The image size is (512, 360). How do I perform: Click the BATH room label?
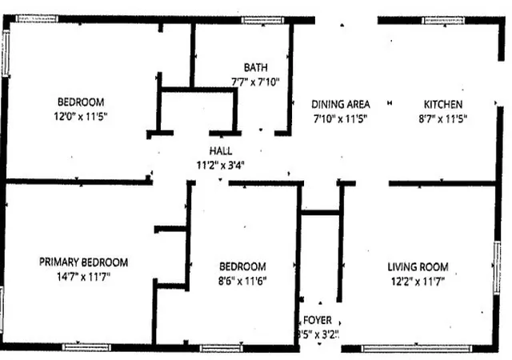click(256, 68)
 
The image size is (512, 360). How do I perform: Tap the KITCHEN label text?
click(443, 105)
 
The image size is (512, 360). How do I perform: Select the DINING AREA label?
click(341, 105)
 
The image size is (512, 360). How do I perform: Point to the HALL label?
click(221, 151)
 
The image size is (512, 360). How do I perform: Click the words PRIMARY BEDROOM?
click(83, 262)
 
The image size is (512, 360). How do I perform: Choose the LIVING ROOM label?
click(418, 267)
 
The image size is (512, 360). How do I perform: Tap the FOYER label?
click(318, 320)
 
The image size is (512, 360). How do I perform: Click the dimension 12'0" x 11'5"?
click(81, 116)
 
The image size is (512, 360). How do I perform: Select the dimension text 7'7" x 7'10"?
click(256, 82)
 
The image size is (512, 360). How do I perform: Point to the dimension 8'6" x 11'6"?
click(242, 281)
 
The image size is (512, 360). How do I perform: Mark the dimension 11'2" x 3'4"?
click(221, 166)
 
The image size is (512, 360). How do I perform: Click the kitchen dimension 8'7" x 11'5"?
click(443, 118)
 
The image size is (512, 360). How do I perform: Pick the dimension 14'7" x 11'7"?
click(83, 277)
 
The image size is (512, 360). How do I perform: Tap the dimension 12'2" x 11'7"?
click(418, 282)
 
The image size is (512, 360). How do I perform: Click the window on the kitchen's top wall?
click(443, 21)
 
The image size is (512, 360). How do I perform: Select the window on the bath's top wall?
click(263, 20)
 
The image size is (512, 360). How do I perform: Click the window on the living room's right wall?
click(497, 267)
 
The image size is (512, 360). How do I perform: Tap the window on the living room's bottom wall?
click(416, 349)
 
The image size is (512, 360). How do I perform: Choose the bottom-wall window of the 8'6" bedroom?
click(222, 348)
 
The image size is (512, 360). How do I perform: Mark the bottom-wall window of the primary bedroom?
click(86, 347)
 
